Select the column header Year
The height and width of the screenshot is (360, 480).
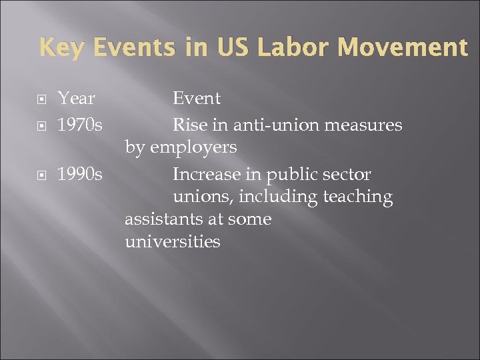(76, 99)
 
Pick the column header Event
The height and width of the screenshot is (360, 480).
(197, 99)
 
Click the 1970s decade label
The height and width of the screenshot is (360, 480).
(79, 125)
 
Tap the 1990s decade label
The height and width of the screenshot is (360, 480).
(79, 175)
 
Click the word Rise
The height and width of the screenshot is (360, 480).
(189, 125)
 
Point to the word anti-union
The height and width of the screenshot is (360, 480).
(267, 125)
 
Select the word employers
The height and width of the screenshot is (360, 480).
(193, 147)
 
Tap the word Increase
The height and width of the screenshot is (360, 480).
(207, 175)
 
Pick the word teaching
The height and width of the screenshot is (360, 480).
(358, 197)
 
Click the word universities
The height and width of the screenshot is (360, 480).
(172, 241)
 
